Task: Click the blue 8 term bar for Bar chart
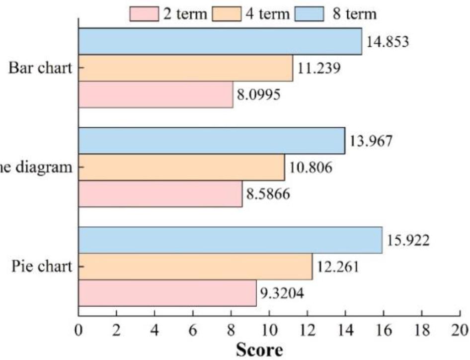pyautogui.click(x=220, y=41)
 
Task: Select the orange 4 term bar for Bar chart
pyautogui.click(x=185, y=68)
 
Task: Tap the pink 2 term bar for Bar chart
pyautogui.click(x=156, y=94)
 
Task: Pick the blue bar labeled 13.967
pyautogui.click(x=212, y=141)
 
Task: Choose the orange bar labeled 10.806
pyautogui.click(x=181, y=168)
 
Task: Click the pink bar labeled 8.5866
pyautogui.click(x=160, y=194)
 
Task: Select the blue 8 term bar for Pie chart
pyautogui.click(x=230, y=240)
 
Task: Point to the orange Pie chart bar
pyautogui.click(x=195, y=267)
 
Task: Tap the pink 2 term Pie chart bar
pyautogui.click(x=167, y=293)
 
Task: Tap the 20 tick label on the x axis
pyautogui.click(x=460, y=330)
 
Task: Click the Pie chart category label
pyautogui.click(x=42, y=267)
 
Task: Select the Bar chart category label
pyautogui.click(x=40, y=68)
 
